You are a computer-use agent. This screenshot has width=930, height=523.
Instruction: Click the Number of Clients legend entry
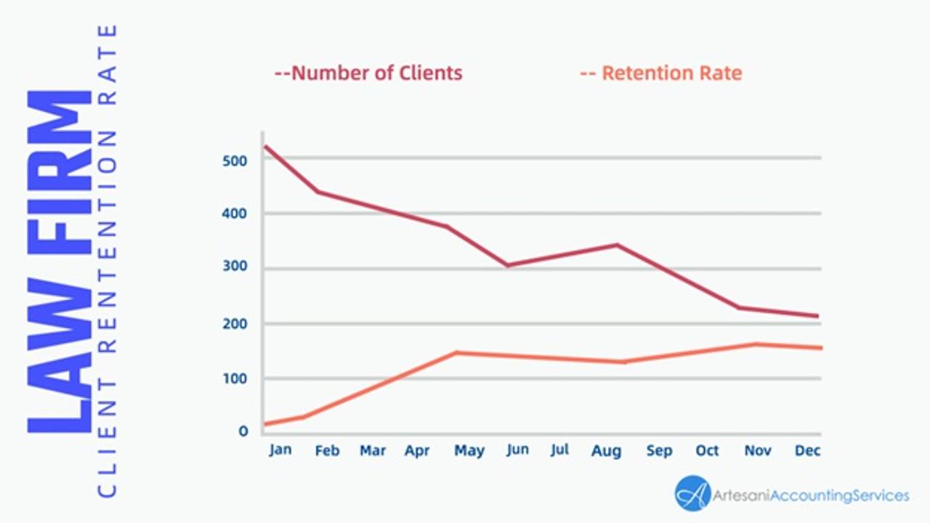point(368,73)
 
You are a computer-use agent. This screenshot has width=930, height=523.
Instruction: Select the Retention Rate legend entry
point(661,73)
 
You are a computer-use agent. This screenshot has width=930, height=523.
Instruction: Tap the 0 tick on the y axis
point(243,431)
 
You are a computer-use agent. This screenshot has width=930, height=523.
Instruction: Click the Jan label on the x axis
point(280,450)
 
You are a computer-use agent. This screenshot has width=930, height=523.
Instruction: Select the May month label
point(469,451)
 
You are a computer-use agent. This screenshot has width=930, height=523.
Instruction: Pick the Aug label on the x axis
point(606,451)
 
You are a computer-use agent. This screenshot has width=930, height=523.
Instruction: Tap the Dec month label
point(807,450)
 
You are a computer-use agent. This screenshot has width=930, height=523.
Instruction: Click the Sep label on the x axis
point(659,450)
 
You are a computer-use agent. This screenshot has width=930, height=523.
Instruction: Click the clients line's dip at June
point(508,265)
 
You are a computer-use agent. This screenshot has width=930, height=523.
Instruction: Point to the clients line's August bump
point(618,245)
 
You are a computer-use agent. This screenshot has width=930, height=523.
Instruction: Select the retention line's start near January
point(266,423)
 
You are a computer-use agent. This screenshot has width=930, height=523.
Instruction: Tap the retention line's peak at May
point(456,353)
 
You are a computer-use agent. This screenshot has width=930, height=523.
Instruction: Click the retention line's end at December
point(820,348)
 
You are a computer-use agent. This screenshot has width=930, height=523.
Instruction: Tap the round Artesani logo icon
point(692,494)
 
